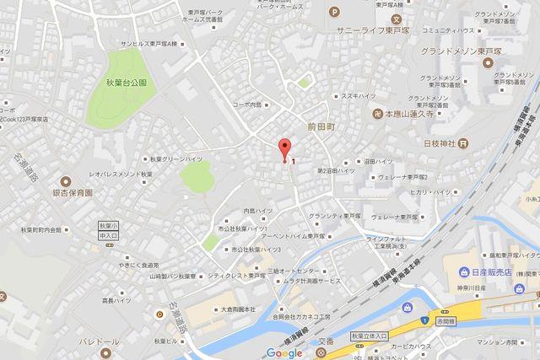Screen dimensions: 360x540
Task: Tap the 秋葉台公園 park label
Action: point(127,83)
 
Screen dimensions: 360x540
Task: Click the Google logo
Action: point(283,352)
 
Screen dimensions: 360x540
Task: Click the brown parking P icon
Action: point(335,11)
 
